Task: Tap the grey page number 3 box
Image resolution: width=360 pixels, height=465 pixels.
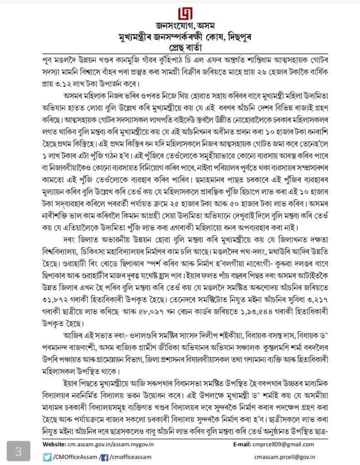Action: [18, 452]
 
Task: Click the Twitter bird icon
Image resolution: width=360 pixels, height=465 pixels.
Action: [47, 457]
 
